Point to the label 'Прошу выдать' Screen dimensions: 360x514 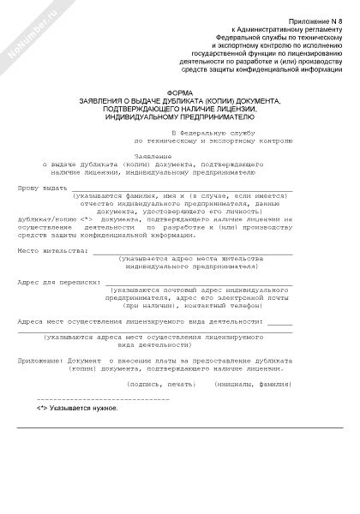pos(41,186)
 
